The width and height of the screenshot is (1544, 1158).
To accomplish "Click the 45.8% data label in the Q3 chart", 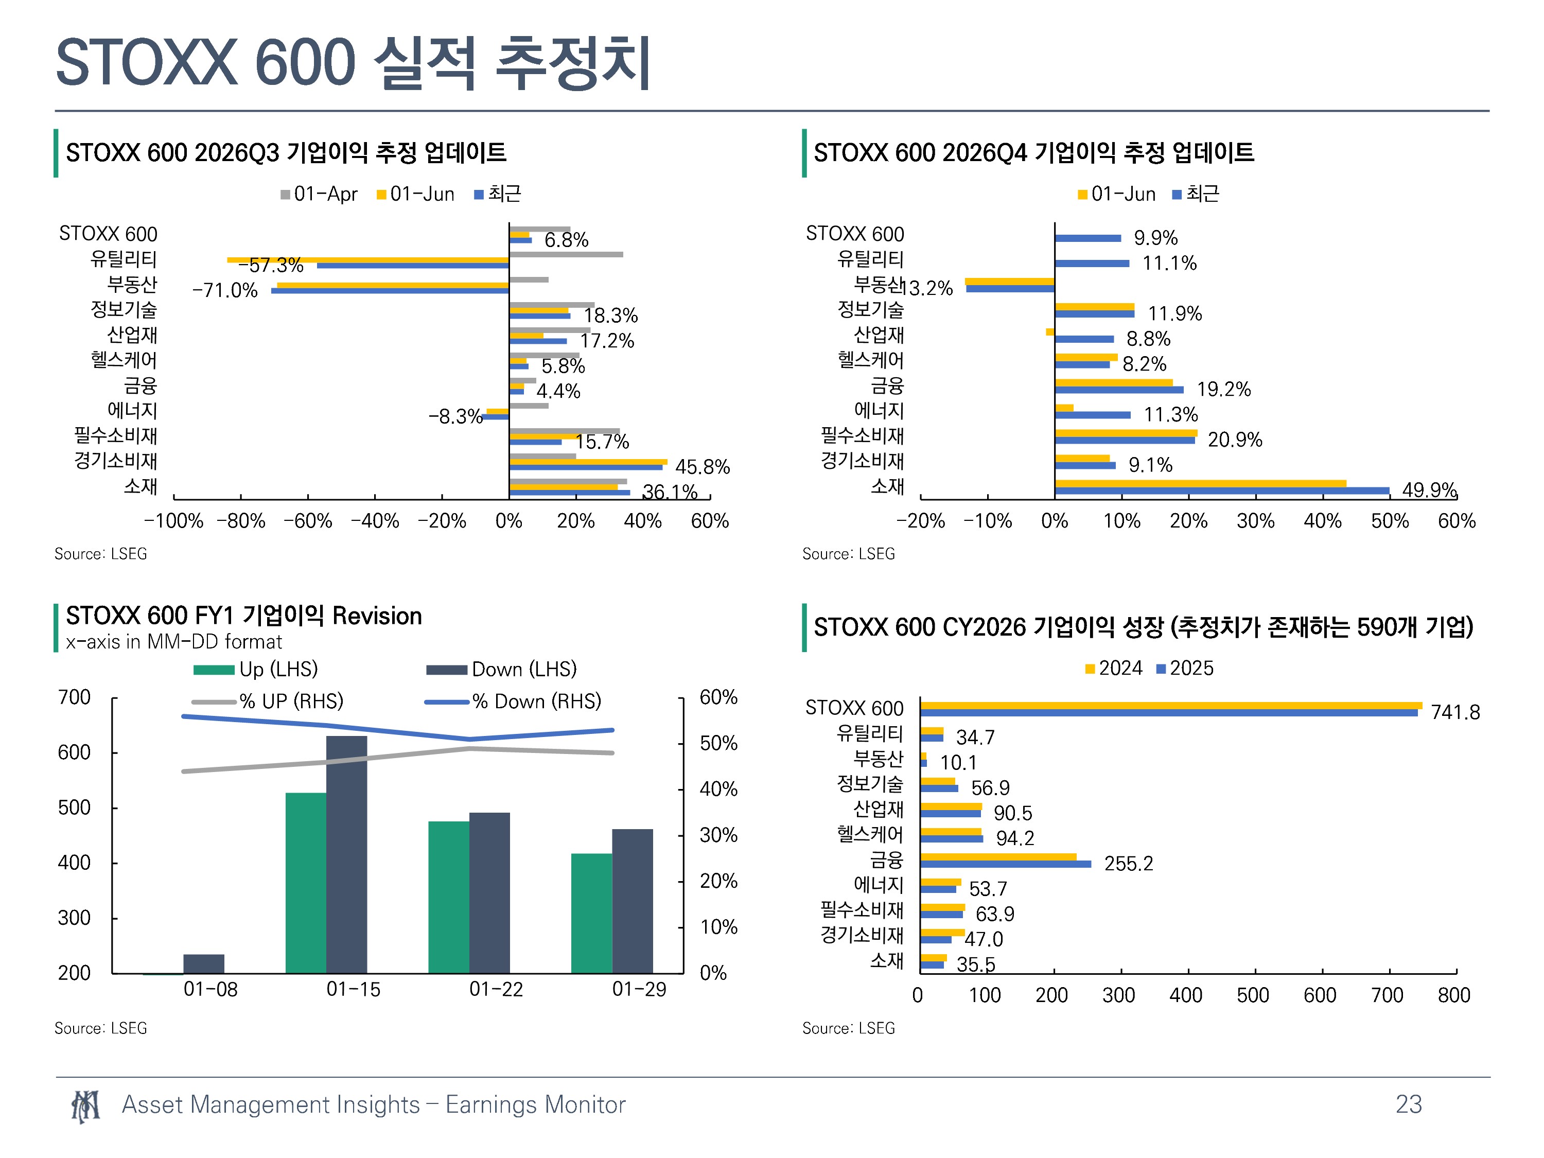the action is point(702,466).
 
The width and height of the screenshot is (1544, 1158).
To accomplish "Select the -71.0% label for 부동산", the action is point(225,290).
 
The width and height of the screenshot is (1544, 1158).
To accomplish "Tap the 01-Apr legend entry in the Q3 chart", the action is point(319,194).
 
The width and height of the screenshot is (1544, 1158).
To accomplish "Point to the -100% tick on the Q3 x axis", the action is point(173,521).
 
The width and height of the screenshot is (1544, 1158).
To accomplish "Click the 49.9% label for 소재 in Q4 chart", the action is point(1430,489).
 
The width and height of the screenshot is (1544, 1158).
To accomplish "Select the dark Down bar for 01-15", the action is point(346,854).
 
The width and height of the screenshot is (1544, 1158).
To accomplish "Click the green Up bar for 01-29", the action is point(591,913).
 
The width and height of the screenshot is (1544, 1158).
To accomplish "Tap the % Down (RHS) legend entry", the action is point(513,701).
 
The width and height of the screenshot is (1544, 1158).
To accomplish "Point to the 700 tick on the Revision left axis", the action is point(74,697).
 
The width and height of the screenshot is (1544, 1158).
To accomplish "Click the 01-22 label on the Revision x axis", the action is point(496,989).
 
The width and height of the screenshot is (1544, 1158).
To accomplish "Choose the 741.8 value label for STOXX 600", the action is point(1455,712).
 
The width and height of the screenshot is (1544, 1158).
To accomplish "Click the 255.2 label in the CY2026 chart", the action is point(1128,864).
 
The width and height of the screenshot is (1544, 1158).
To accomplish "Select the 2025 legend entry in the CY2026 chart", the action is point(1185,668).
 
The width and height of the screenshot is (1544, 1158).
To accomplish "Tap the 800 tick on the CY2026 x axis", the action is point(1454,995).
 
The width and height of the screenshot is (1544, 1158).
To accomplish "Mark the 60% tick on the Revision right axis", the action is point(718,697).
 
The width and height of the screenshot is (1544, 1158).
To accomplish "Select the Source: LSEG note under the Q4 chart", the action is point(848,553).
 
